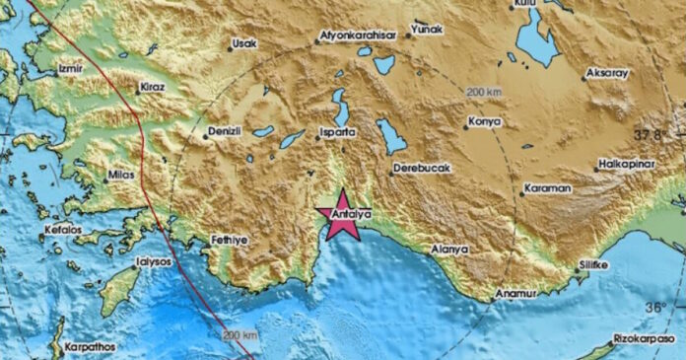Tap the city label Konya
pyautogui.click(x=485, y=122)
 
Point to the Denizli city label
pyautogui.click(x=225, y=131)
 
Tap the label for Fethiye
pyautogui.click(x=233, y=240)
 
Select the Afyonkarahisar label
pyautogui.click(x=358, y=36)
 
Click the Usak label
pyautogui.click(x=245, y=43)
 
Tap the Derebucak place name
pyautogui.click(x=422, y=169)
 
